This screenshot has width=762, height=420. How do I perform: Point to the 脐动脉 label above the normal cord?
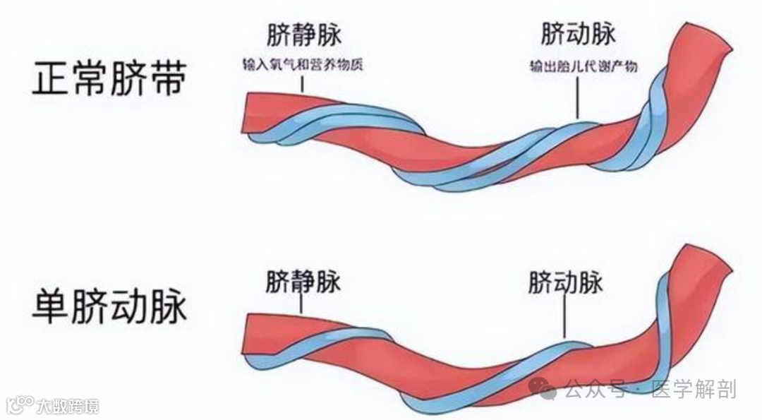(x=578, y=33)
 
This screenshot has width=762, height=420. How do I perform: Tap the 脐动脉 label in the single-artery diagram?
(x=565, y=282)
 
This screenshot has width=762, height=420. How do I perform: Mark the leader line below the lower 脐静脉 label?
(x=301, y=304)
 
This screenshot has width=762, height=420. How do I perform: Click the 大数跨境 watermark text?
(x=68, y=406)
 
